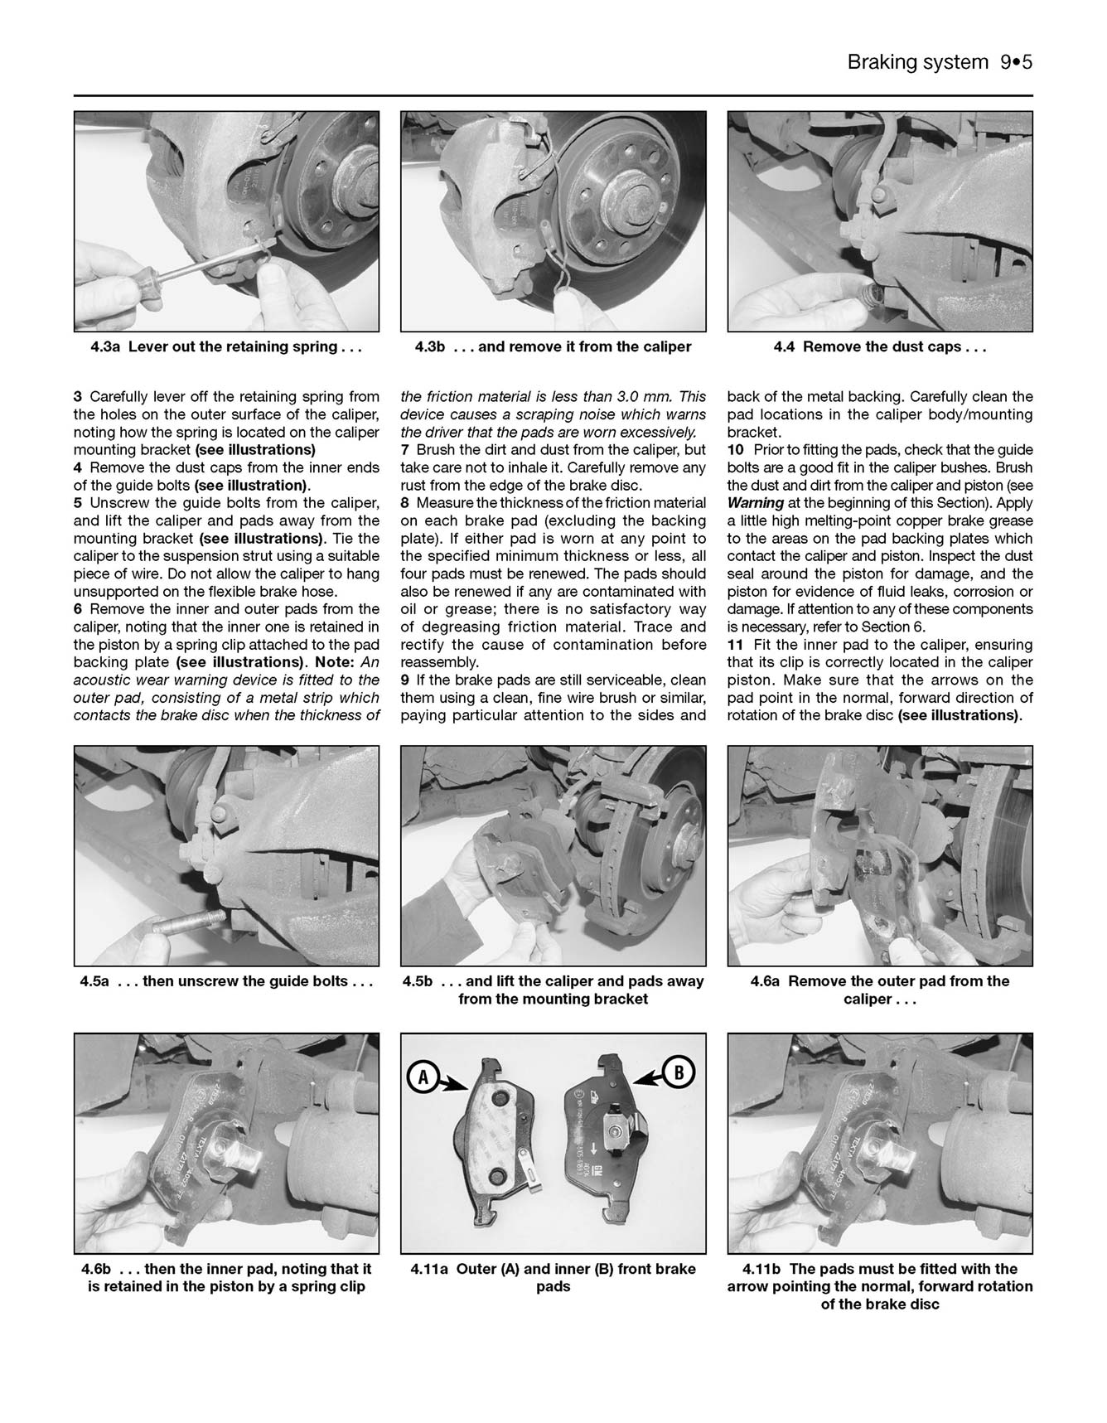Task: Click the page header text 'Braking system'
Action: (917, 62)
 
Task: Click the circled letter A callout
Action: (422, 1077)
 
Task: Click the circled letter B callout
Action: (679, 1073)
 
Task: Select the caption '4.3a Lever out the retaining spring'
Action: (226, 347)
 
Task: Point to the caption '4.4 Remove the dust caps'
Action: (880, 347)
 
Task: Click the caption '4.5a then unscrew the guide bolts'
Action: (226, 981)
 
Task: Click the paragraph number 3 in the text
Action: (78, 397)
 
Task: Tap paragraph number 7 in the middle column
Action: (405, 450)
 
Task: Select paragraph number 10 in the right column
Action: (735, 450)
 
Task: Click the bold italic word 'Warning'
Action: (755, 503)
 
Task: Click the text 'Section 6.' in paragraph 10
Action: (895, 627)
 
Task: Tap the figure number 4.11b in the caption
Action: (762, 1269)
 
